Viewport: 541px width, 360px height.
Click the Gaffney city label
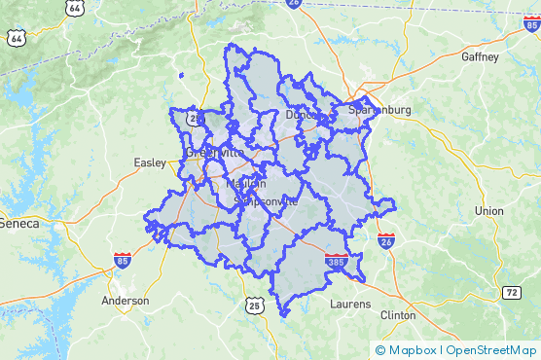479,57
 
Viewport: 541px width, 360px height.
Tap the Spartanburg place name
379,110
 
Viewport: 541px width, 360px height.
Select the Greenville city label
214,153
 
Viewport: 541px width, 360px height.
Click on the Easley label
151,162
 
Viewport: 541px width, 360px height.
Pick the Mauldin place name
245,184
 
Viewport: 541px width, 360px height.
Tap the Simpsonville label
266,201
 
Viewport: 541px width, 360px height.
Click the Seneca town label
19,223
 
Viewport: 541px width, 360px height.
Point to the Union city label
488,210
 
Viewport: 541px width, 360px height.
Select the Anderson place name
126,301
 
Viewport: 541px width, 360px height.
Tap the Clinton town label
398,315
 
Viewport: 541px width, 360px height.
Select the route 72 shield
512,292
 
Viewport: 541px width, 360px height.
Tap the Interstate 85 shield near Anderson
122,260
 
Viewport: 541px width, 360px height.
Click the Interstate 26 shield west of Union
386,239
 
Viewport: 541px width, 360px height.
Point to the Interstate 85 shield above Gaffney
530,23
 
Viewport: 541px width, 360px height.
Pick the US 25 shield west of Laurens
254,306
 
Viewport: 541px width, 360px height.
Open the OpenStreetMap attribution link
491,349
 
